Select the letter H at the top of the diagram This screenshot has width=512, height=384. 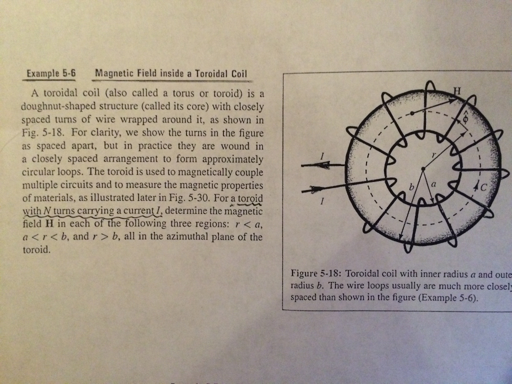pyautogui.click(x=455, y=90)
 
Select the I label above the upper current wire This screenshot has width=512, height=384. pyautogui.click(x=322, y=157)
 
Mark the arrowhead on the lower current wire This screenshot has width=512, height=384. pyautogui.click(x=316, y=189)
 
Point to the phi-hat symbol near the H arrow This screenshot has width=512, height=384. pyautogui.click(x=466, y=118)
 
